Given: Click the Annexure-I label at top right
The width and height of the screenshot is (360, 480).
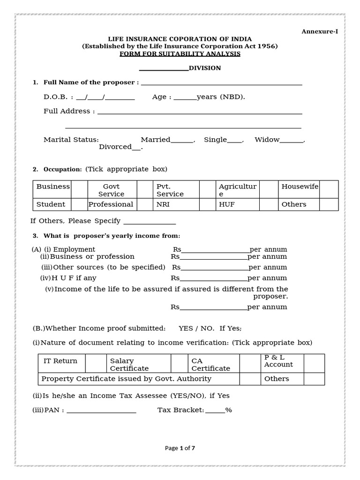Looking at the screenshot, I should coord(319,31).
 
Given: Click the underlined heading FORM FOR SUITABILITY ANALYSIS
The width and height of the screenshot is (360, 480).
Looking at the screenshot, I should coord(180,54).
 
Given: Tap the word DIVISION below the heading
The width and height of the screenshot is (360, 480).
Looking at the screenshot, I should coord(204,68).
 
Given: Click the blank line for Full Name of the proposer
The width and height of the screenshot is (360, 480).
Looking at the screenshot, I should coord(221,83).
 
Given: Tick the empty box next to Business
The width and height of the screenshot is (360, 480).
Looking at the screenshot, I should coord(80,190).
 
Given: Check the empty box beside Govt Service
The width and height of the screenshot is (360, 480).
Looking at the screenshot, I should coord(144,190).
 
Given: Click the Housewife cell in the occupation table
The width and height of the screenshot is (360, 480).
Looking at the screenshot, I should coord(300,187).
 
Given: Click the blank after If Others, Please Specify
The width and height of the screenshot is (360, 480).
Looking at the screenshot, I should coord(149,221).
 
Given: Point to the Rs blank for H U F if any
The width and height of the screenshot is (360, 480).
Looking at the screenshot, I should coord(214,278).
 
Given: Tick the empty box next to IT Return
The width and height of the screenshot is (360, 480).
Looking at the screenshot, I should coord(96,363).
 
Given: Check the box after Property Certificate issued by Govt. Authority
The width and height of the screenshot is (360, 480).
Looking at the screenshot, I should coord(250,379).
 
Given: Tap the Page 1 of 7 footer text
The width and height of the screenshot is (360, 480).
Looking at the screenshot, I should coord(180,448).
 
